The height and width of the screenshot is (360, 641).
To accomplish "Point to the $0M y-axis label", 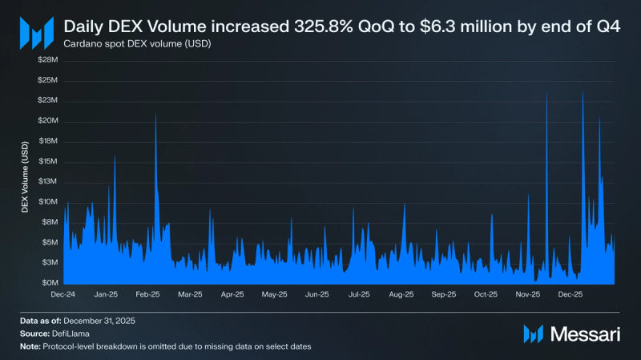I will click(x=50, y=283).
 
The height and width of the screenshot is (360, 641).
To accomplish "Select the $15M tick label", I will click(x=48, y=161).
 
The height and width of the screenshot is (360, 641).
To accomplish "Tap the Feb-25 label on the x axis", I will click(x=147, y=294).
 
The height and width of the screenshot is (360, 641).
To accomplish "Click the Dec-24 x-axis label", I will click(x=62, y=294).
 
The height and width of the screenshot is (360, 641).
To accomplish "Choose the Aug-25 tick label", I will click(x=401, y=294).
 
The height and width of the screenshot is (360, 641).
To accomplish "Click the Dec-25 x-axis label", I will click(x=570, y=294).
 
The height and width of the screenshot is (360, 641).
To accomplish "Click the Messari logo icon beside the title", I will click(x=36, y=33).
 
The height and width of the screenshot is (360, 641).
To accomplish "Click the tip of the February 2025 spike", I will click(x=155, y=115).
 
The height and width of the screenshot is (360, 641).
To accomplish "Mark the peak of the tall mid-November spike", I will click(x=546, y=92).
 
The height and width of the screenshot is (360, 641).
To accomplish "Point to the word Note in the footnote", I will click(x=31, y=346).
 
